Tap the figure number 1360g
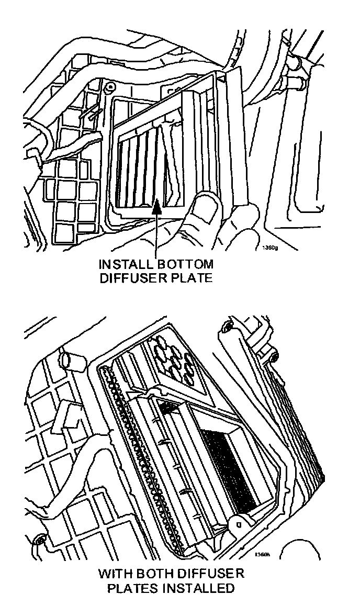[269, 249]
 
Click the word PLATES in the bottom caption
[129, 589]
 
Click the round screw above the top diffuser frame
[110, 86]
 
